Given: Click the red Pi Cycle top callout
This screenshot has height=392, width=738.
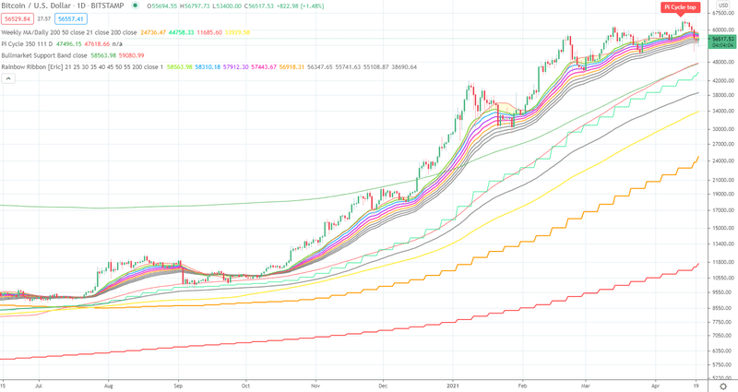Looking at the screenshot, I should coord(679,7).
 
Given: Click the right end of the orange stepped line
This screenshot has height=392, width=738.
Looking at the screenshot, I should coord(698,158).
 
